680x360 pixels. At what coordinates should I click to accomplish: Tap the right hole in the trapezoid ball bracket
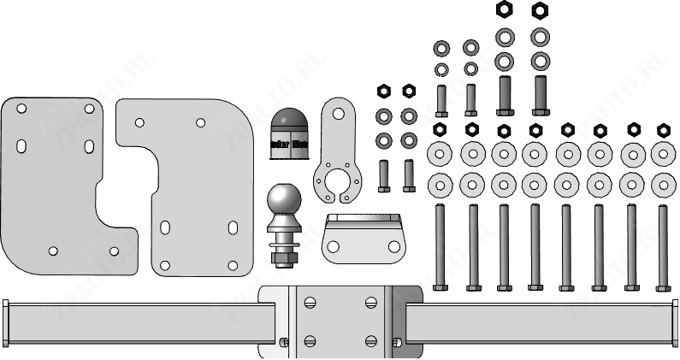click(393, 246)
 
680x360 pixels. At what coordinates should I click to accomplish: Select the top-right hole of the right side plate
click(200, 122)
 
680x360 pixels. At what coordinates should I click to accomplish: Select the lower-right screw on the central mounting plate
click(370, 340)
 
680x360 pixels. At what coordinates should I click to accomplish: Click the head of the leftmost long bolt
click(440, 287)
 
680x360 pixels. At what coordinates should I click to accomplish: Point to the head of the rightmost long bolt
click(662, 287)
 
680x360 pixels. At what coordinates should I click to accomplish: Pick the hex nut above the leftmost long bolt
click(440, 130)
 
